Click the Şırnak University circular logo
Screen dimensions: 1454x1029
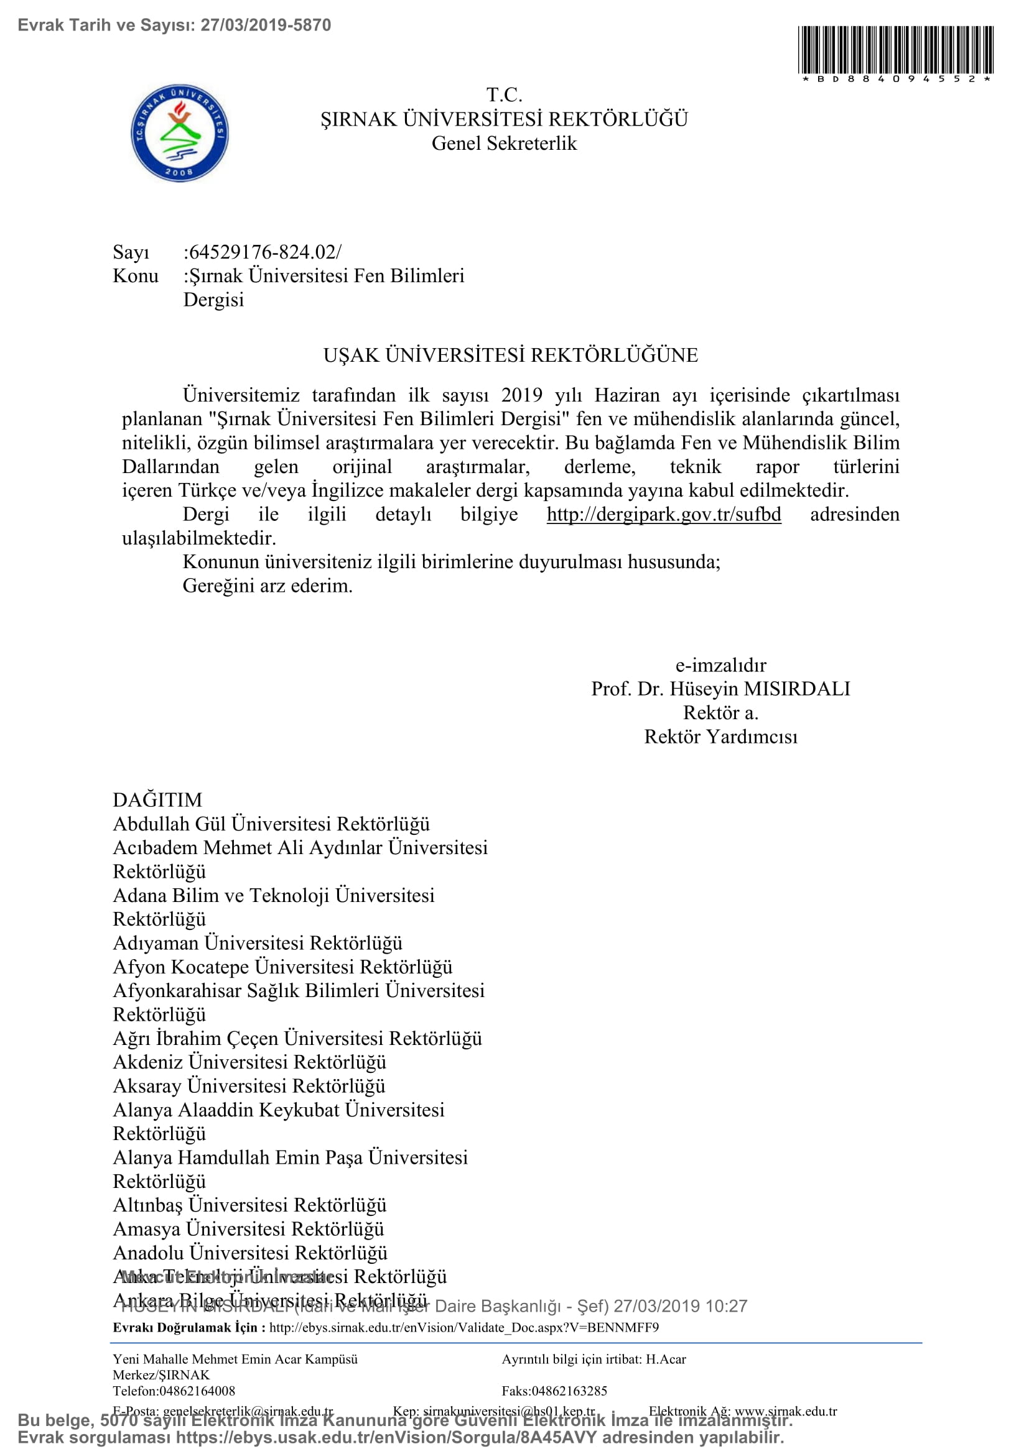pyautogui.click(x=179, y=133)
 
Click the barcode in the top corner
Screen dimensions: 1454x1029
pyautogui.click(x=895, y=50)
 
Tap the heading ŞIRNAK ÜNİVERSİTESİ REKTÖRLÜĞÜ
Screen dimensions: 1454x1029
pyautogui.click(x=504, y=119)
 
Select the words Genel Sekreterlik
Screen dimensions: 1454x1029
pyautogui.click(x=504, y=143)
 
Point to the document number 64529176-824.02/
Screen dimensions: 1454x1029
pyautogui.click(x=263, y=252)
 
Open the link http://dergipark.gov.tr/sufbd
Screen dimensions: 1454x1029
pyautogui.click(x=663, y=514)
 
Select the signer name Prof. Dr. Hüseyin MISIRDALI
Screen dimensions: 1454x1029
pyautogui.click(x=720, y=688)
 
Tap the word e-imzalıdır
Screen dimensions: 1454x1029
pyautogui.click(x=720, y=665)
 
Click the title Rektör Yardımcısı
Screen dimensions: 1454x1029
pyautogui.click(x=720, y=737)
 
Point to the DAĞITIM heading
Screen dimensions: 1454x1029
pyautogui.click(x=157, y=800)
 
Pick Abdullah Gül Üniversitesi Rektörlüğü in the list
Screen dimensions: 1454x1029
pyautogui.click(x=271, y=824)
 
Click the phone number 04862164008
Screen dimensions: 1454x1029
pyautogui.click(x=197, y=1391)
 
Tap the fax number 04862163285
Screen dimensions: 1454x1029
pyautogui.click(x=569, y=1391)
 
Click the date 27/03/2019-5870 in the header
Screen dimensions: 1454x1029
pyautogui.click(x=266, y=25)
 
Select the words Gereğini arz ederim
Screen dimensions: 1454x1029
pyautogui.click(x=268, y=586)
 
